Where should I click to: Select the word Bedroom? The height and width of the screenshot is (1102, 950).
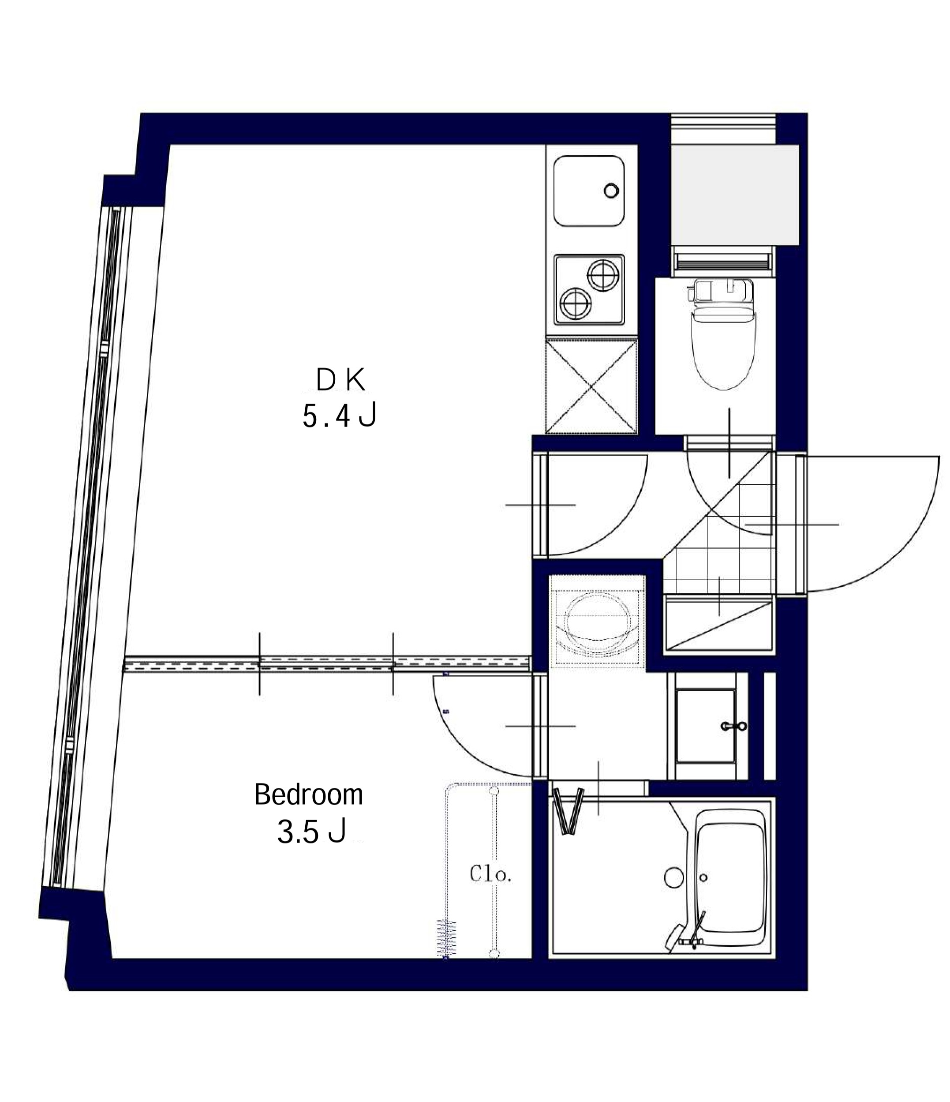point(308,795)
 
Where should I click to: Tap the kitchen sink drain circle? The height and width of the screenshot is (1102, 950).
point(611,191)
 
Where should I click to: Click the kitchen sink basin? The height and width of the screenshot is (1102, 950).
point(588,191)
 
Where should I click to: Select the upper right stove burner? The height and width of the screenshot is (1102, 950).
point(603,275)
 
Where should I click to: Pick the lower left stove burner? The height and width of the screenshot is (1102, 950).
point(575,304)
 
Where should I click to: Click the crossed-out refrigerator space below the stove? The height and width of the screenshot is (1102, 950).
point(591,386)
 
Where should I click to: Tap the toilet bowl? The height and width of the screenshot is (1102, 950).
point(724,351)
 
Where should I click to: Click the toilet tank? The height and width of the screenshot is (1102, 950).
point(721,291)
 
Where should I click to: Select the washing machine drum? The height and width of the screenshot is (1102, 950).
point(598,621)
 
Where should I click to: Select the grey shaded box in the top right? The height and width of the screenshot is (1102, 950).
point(735,195)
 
